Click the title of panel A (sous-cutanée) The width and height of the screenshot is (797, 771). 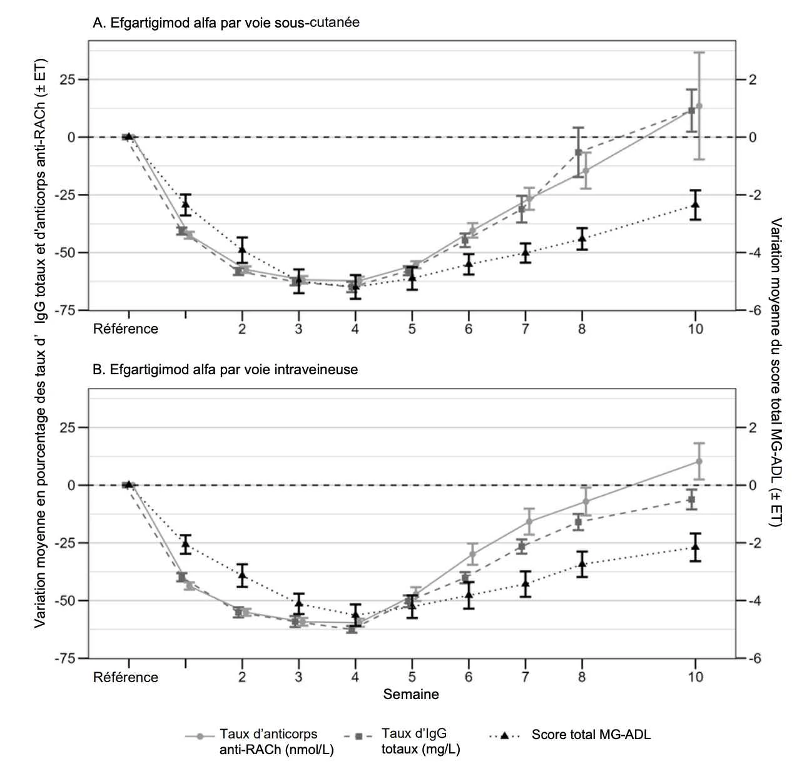(226, 22)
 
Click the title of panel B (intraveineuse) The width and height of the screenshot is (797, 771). (225, 369)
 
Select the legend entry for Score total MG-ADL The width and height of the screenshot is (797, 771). (570, 735)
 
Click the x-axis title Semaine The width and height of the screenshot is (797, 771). (411, 694)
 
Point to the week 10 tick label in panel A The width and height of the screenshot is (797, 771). (695, 329)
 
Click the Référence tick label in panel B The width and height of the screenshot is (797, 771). (125, 677)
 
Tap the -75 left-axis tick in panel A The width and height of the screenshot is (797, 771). (65, 310)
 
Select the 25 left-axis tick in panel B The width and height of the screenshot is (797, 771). (68, 427)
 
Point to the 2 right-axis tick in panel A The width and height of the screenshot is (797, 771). (753, 79)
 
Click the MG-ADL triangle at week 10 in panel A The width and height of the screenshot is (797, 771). (695, 204)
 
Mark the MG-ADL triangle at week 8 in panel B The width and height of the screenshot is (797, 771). (582, 563)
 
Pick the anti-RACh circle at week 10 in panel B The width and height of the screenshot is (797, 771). (699, 461)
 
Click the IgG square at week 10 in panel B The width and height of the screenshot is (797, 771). (691, 499)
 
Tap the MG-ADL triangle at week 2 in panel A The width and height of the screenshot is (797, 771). (242, 248)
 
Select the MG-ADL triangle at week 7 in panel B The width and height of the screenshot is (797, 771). (525, 583)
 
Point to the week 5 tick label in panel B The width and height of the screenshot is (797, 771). (412, 677)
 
